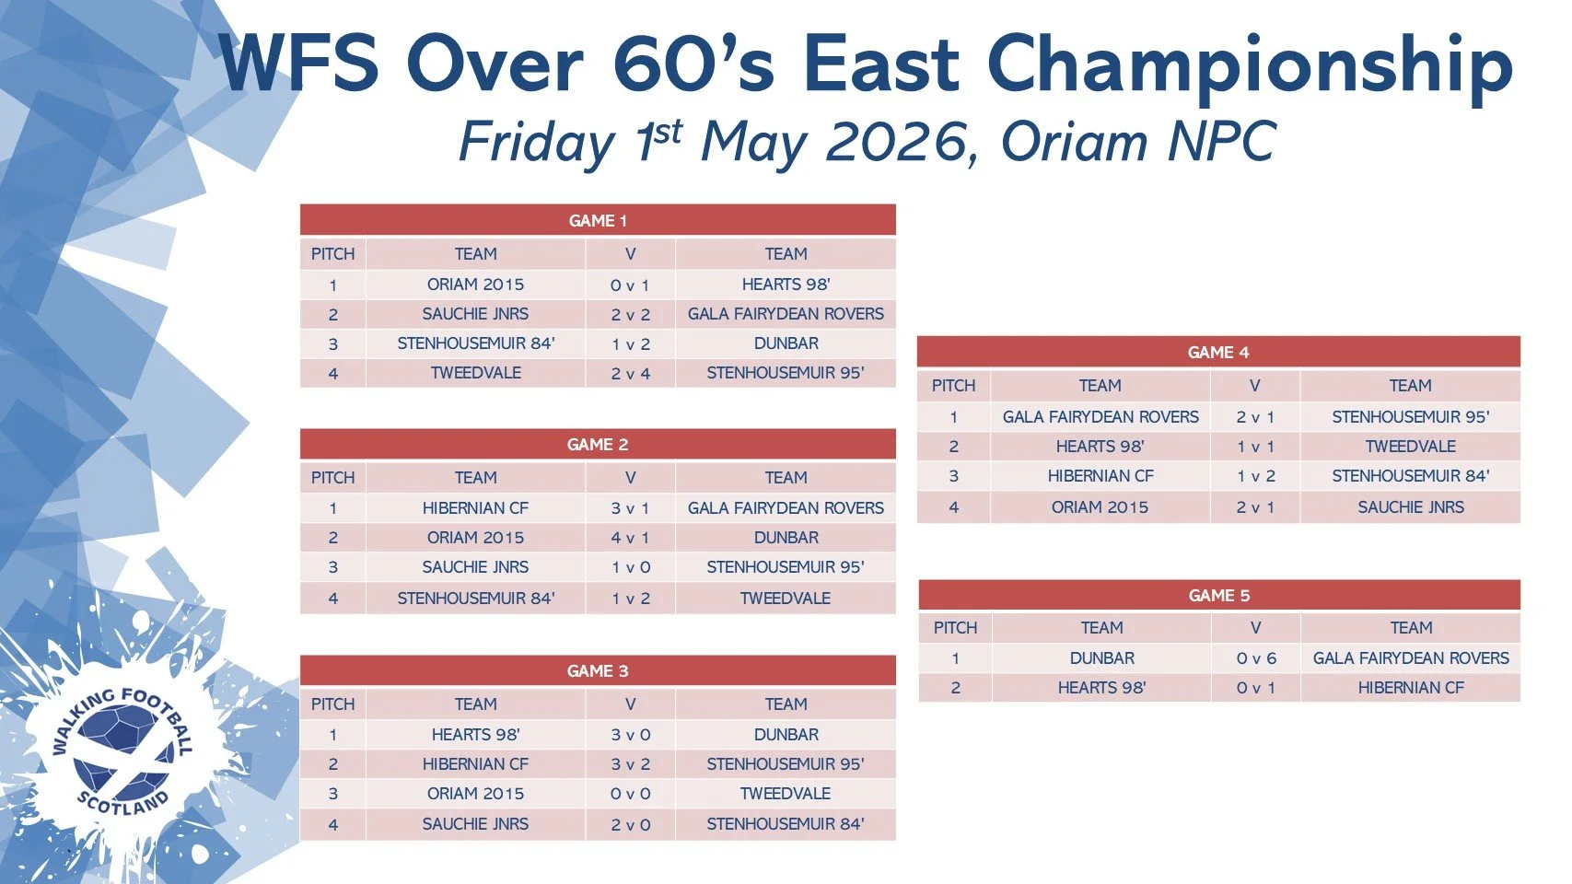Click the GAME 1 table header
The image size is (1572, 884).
coord(598,220)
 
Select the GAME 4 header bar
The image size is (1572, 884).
coord(1218,352)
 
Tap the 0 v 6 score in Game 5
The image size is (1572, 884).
coord(1256,658)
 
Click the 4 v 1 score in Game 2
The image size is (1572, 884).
coord(630,538)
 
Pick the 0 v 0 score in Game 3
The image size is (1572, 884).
coord(630,794)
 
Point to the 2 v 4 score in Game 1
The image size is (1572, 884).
coord(630,373)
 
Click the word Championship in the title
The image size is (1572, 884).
coord(1250,64)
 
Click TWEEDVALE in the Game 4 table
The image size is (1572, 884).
coord(1411,447)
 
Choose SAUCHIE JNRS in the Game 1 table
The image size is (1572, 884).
coord(475,314)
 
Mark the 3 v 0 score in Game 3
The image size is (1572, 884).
coord(630,735)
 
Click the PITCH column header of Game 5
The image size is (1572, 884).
coord(955,627)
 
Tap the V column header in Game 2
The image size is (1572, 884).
coord(630,478)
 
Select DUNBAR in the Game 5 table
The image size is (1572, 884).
coord(1101,658)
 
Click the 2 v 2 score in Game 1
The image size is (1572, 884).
coord(630,314)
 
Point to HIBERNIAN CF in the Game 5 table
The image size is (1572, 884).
coord(1411,688)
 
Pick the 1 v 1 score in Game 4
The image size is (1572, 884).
coord(1255,447)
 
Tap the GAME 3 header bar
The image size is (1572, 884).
coord(598,670)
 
